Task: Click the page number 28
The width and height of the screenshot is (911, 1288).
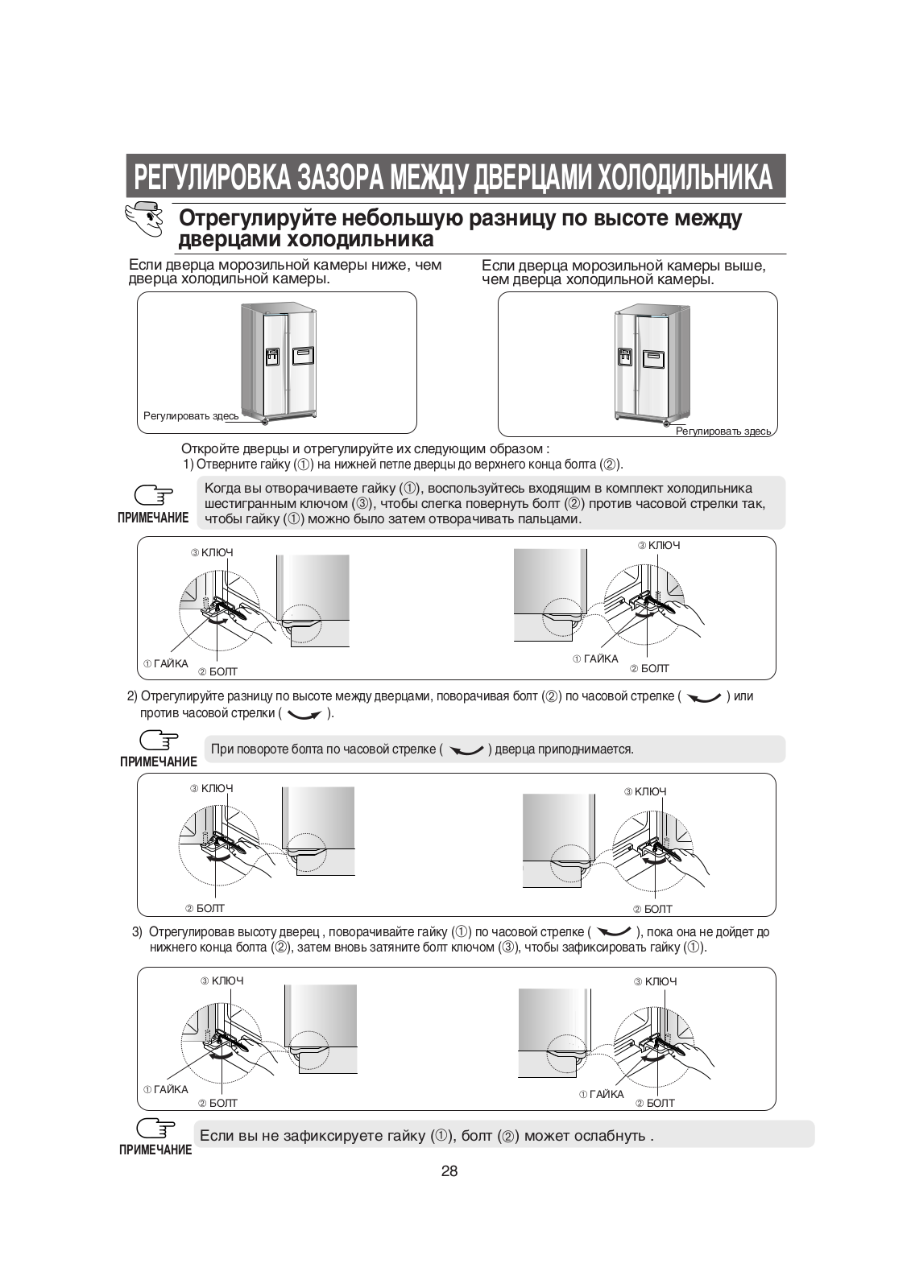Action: pos(449,1171)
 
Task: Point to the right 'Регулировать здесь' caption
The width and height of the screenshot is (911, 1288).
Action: pos(723,431)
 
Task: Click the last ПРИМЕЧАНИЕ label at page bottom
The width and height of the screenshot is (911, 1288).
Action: pos(155,1150)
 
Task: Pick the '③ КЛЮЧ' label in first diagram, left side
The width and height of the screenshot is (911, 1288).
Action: pos(212,553)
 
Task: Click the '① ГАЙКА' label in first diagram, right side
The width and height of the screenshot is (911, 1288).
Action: pos(595,659)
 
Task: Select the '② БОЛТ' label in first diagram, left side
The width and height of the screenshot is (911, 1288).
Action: pos(217,671)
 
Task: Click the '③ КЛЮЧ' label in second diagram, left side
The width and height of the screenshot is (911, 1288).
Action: pos(212,789)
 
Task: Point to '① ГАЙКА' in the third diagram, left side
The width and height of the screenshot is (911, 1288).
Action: pos(165,1089)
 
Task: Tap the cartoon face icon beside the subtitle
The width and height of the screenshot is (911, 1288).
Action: pos(144,219)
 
